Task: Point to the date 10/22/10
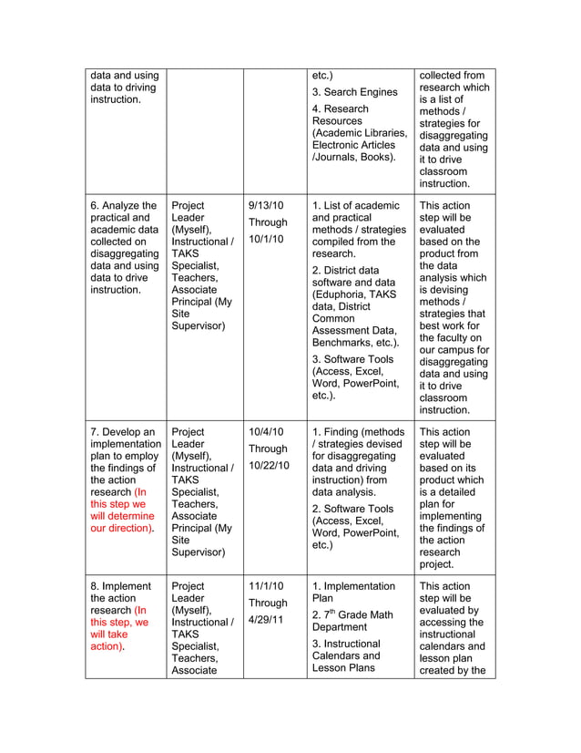[x=269, y=465]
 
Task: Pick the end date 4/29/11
[x=267, y=619]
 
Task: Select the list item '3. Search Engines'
[x=354, y=92]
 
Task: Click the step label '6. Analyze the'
[x=124, y=206]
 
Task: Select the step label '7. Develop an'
[x=123, y=432]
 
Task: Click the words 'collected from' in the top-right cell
[x=453, y=76]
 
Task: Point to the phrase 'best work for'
[x=452, y=325]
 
